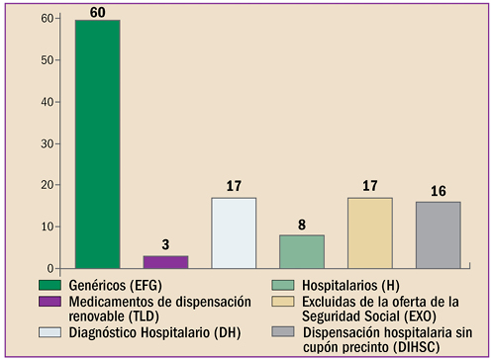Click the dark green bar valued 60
[97, 144]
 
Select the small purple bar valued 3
[165, 262]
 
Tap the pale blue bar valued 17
[234, 233]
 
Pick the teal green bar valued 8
[302, 251]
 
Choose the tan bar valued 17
[370, 233]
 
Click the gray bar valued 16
[438, 235]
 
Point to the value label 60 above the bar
[97, 10]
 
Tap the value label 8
[302, 225]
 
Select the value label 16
[438, 191]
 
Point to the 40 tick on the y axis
[48, 103]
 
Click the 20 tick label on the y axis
[48, 186]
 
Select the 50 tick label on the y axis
[48, 61]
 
